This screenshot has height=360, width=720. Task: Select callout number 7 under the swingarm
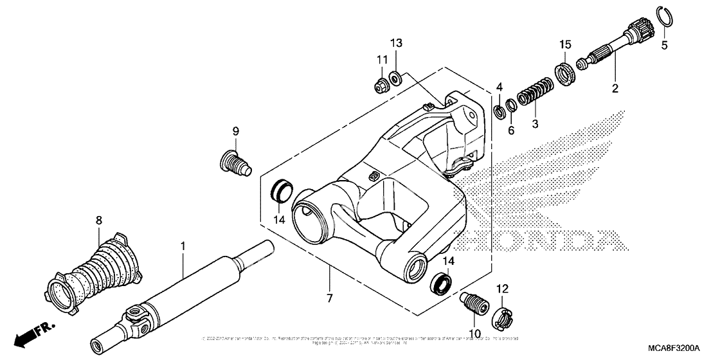(x=329, y=298)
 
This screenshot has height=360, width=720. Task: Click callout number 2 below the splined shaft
(x=615, y=89)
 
